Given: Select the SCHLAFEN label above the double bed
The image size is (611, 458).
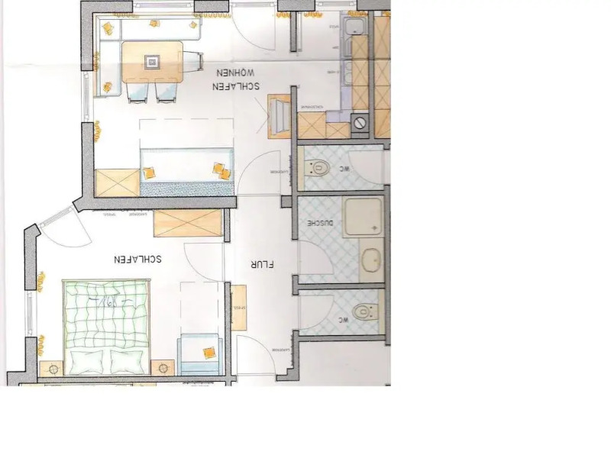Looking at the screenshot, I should tap(137, 259).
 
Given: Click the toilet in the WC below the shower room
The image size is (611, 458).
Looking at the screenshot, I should tap(364, 311).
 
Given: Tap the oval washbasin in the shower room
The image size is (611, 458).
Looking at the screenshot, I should tap(371, 260).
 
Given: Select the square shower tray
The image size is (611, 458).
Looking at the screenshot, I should tap(364, 217).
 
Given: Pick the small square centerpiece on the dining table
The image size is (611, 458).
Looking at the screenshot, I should tap(153, 61).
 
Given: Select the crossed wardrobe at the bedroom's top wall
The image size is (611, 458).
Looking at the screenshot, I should tap(188, 223).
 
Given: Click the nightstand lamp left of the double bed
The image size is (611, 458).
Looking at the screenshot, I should tap(53, 368).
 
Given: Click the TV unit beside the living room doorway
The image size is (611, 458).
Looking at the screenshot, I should tap(280, 114).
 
